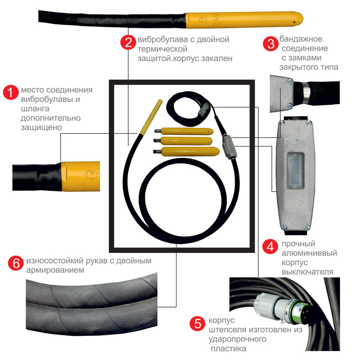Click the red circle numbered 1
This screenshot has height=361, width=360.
click(11, 92)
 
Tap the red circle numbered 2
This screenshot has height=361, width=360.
click(128, 42)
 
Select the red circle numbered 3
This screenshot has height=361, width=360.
click(270, 44)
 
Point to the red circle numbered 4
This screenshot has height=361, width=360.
click(270, 246)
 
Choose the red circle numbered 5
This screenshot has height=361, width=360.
click(197, 323)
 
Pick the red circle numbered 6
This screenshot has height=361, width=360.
click(16, 263)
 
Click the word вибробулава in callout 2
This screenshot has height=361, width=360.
click(163, 40)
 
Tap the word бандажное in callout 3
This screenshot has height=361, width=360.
click(301, 39)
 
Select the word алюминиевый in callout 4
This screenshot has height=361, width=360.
click(309, 253)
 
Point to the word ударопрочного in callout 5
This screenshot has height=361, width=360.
click(238, 339)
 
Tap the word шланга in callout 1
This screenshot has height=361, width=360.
click(35, 109)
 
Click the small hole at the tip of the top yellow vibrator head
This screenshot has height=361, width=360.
click(294, 22)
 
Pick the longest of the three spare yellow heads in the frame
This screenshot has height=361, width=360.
click(186, 151)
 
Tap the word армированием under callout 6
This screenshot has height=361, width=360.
click(55, 270)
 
